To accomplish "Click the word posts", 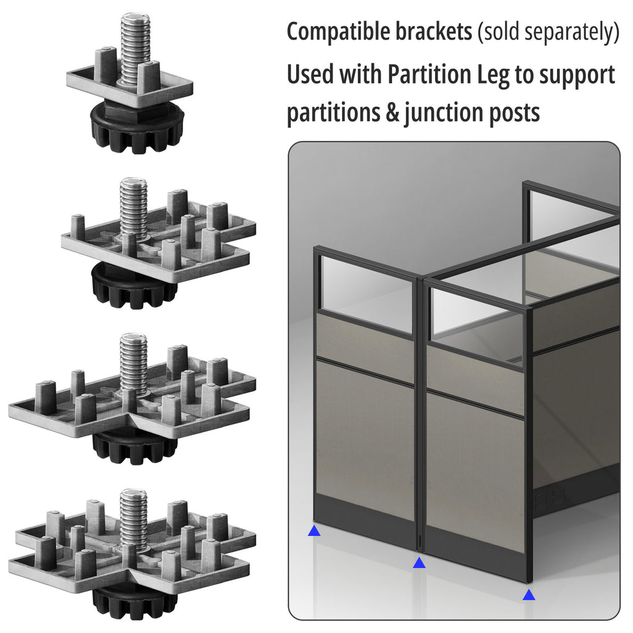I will [514, 114].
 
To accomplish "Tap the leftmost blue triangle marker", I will [315, 530].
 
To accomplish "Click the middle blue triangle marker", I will [419, 563].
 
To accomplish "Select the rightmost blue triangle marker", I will [529, 595].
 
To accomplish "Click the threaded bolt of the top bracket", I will [135, 43].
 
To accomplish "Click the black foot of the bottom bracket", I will [134, 603].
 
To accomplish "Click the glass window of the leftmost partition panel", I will [365, 291].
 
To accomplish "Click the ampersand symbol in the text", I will [392, 114].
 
